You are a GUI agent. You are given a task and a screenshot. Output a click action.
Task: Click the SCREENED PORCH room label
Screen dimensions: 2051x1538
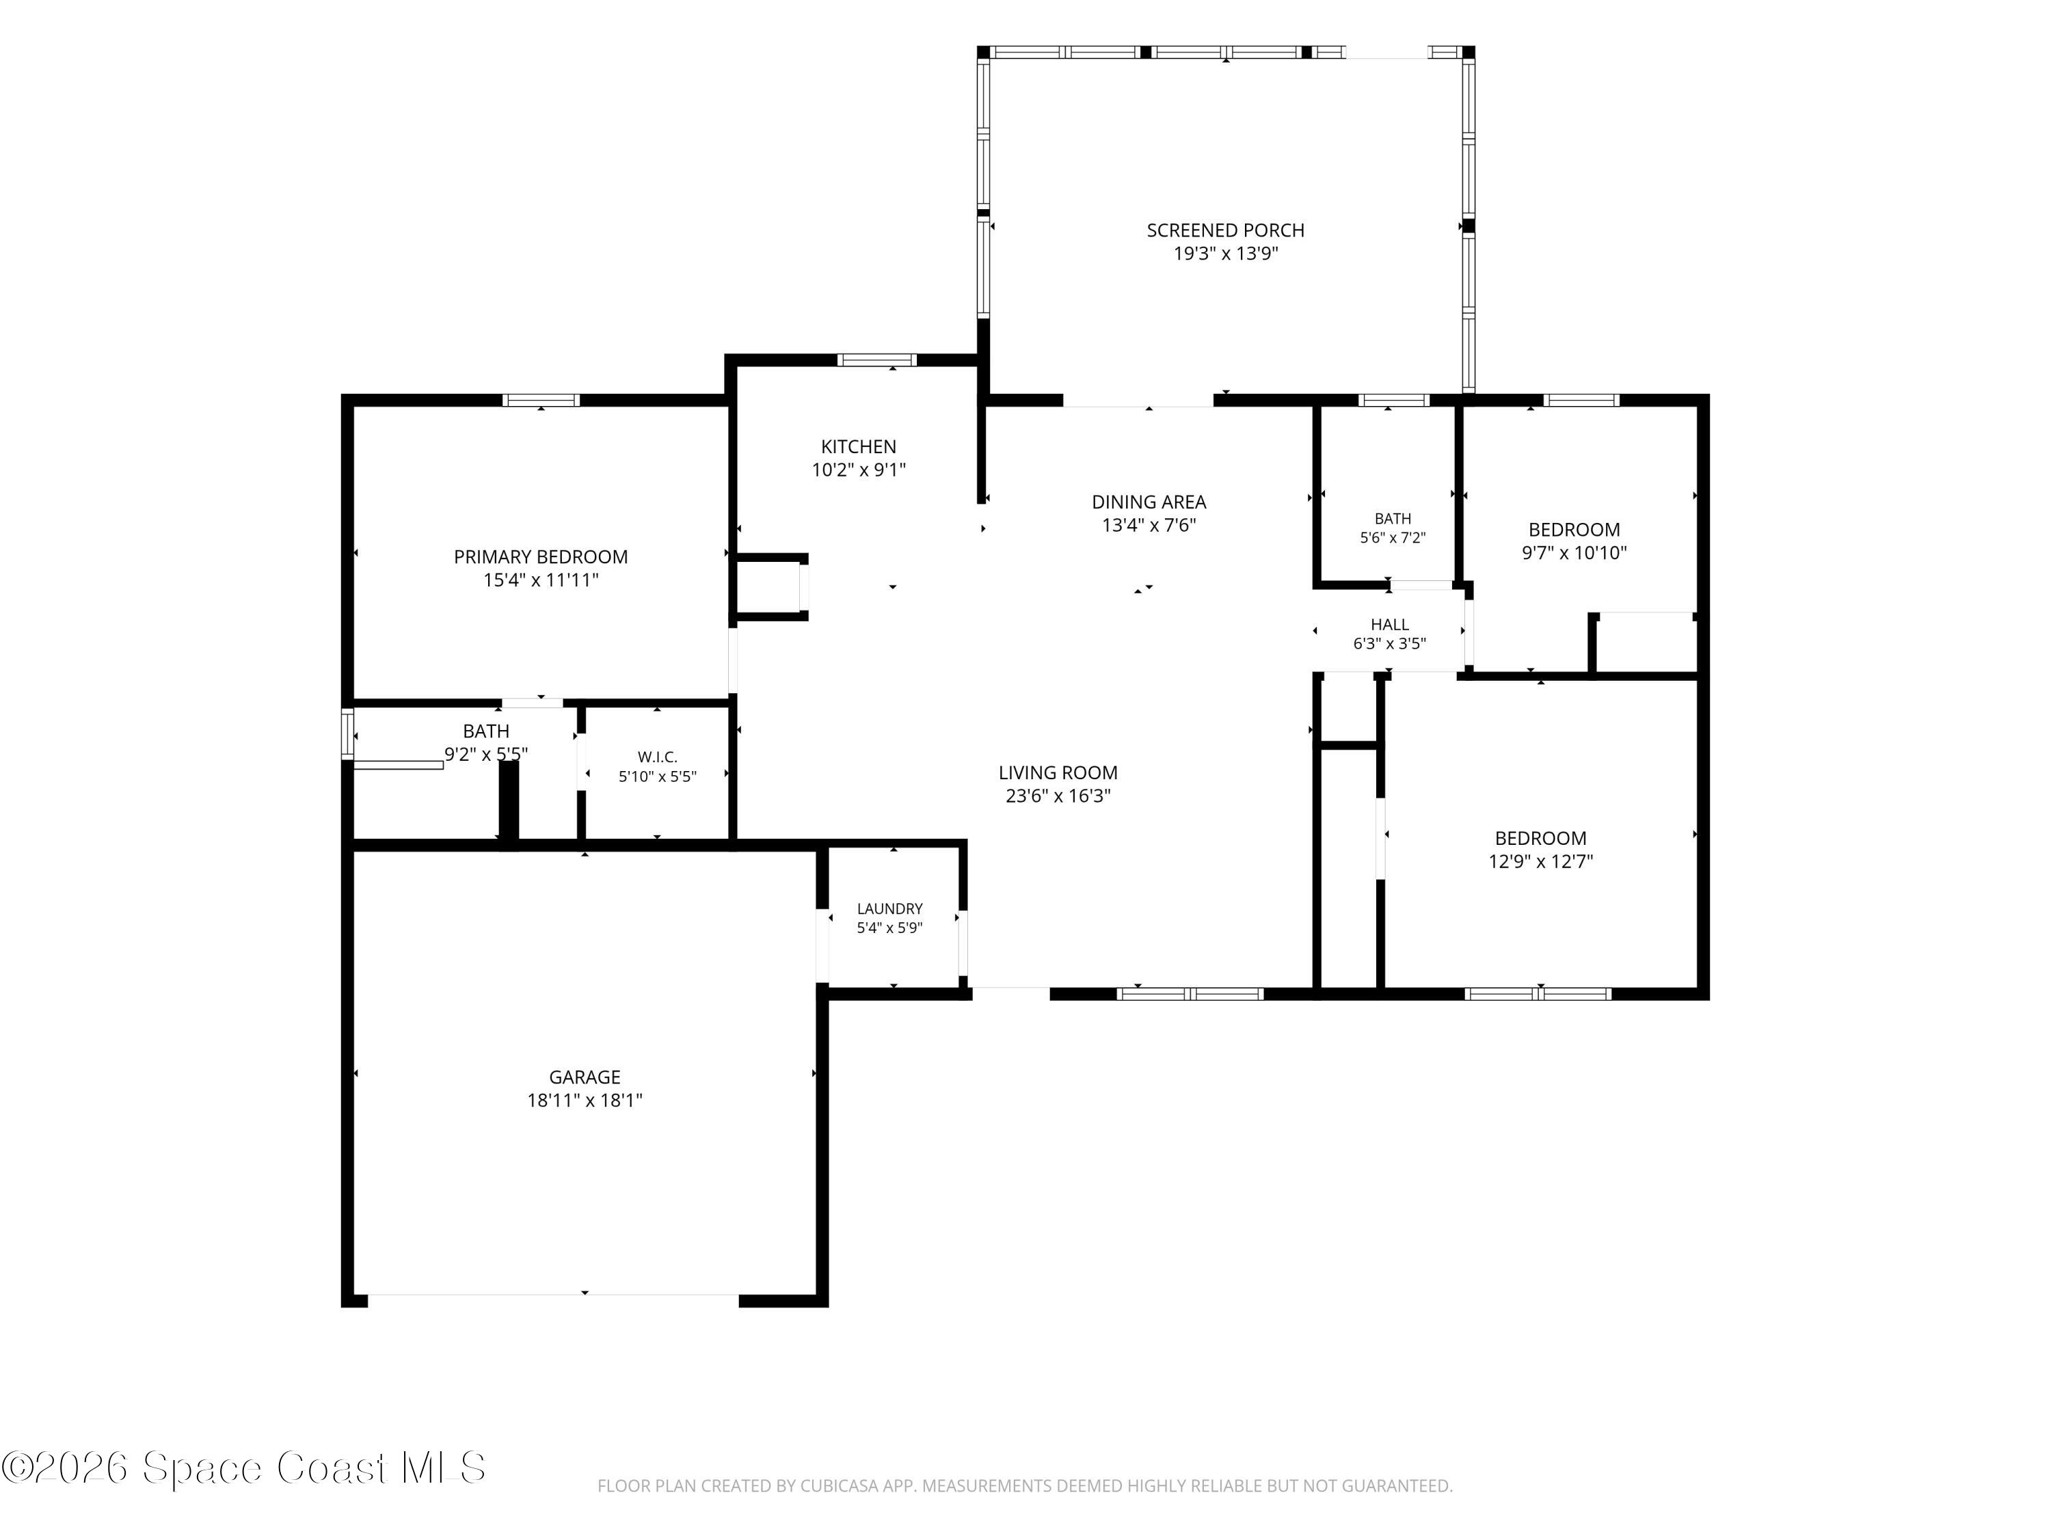[1225, 230]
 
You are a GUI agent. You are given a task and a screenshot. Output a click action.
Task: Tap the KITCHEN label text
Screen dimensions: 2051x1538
[859, 447]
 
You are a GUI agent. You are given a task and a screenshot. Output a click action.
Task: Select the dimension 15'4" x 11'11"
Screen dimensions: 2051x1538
[541, 580]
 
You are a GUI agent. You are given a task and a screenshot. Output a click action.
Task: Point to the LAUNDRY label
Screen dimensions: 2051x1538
[889, 908]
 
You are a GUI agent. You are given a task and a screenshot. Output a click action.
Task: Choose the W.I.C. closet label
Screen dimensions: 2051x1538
[658, 757]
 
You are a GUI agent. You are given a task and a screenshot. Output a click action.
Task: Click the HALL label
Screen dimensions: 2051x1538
[1389, 625]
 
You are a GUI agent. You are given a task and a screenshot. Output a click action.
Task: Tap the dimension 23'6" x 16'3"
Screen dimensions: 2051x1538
[1058, 796]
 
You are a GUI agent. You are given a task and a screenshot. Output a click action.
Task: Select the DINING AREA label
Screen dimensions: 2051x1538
[1149, 502]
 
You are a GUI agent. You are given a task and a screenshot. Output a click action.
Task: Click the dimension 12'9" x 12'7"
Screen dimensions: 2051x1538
[1540, 861]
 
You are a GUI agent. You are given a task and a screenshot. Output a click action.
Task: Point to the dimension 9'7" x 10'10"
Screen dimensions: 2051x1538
[1574, 552]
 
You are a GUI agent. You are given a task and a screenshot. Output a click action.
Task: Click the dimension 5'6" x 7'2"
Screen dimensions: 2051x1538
[1393, 538]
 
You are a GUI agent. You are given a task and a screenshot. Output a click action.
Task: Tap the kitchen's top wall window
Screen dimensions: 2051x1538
[876, 360]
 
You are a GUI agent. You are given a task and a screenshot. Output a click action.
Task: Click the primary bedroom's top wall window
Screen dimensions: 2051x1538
[541, 401]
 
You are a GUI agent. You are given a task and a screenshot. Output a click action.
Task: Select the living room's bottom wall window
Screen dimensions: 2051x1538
[1190, 994]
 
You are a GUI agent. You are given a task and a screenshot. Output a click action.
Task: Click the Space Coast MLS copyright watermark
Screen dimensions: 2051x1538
[243, 1468]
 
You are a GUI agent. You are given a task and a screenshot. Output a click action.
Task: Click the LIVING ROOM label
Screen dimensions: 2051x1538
[1058, 772]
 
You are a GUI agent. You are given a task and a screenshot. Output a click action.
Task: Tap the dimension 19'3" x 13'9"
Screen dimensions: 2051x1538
[1225, 254]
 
